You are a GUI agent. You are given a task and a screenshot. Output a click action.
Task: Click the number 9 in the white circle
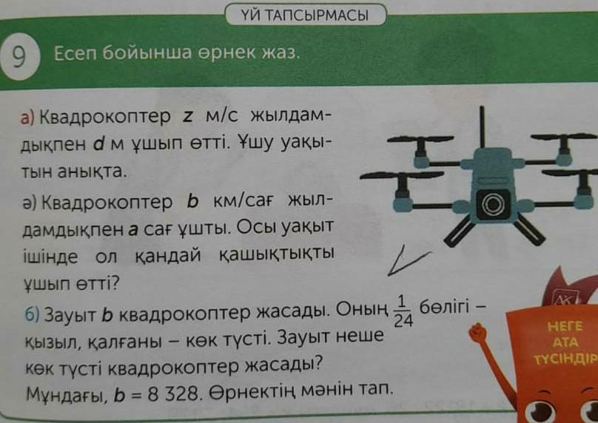click(x=19, y=56)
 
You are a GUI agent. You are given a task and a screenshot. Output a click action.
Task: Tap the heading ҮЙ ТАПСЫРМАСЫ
click(x=305, y=16)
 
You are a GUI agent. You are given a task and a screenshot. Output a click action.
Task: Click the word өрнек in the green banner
click(x=228, y=53)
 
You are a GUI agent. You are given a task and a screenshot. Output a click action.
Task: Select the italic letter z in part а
click(x=187, y=117)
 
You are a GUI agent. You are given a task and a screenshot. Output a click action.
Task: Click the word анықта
click(x=91, y=172)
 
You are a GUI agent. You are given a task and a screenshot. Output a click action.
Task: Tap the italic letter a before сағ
click(x=132, y=230)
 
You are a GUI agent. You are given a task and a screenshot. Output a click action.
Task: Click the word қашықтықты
click(x=277, y=254)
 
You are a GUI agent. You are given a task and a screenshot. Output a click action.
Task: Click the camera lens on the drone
click(x=493, y=204)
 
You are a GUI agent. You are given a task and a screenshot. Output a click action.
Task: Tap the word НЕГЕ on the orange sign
click(x=565, y=326)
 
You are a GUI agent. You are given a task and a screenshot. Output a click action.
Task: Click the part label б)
click(x=32, y=315)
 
